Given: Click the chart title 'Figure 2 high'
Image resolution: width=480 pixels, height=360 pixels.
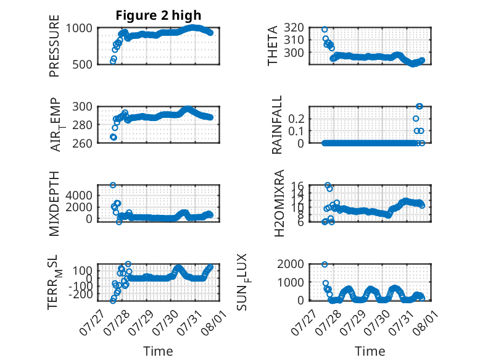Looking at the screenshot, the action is point(159,15).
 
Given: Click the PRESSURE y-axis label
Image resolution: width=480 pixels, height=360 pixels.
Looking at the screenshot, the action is point(54,46).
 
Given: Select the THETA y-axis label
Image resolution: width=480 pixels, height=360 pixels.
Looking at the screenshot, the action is point(272,46).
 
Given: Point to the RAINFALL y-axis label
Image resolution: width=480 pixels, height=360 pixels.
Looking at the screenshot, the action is point(276,125).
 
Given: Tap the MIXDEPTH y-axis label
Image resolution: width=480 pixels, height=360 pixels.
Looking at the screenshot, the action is point(54,204).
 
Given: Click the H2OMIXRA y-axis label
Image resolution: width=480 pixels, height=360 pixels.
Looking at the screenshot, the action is point(279,203).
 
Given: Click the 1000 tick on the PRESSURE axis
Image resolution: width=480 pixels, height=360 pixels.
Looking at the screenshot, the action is point(79,28).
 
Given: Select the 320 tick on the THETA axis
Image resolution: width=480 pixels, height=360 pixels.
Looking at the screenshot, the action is point(294,28).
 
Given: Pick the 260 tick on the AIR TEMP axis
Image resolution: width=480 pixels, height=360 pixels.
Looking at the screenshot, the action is point(82,143).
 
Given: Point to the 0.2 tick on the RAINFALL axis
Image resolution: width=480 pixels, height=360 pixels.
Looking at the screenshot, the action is point(296,119).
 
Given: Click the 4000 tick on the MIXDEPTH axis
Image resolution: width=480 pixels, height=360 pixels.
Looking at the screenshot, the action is point(79,195).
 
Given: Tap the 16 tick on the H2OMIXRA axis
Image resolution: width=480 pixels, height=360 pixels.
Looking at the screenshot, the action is point(298,186).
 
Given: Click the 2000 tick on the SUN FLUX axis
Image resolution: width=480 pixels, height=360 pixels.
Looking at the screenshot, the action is point(291,264).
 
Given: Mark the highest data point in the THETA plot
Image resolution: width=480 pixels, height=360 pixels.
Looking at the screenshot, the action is point(325,30).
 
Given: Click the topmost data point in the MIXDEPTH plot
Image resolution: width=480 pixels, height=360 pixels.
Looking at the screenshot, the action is point(113,185).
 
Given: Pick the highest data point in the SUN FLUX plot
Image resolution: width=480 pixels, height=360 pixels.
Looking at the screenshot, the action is point(325,264).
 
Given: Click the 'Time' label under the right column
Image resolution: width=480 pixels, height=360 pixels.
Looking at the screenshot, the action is point(370,351).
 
